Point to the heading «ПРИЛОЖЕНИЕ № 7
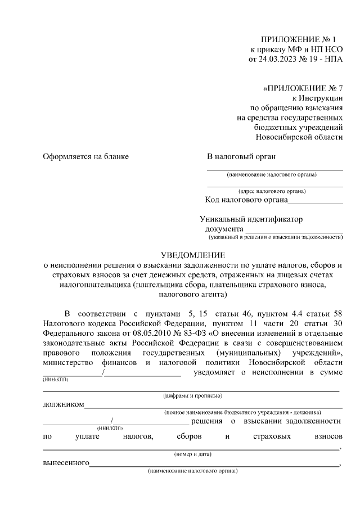point(303,88)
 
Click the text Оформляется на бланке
point(86,156)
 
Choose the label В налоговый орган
point(241,156)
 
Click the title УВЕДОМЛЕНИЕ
point(193,255)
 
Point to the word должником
point(64,404)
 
